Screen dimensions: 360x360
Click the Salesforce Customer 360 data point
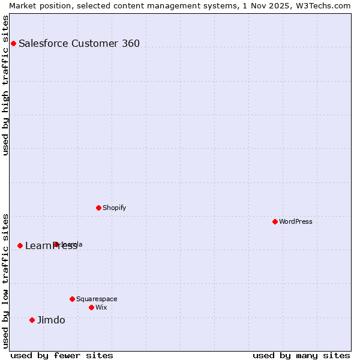pyautogui.click(x=13, y=43)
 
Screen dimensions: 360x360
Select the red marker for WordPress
pyautogui.click(x=275, y=221)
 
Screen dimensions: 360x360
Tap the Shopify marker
pyautogui.click(x=98, y=208)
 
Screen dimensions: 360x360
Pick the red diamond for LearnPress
pyautogui.click(x=20, y=245)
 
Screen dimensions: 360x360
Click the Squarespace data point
pyautogui.click(x=72, y=299)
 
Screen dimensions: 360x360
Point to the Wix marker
pyautogui.click(x=91, y=307)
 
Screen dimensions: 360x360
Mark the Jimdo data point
pyautogui.click(x=32, y=320)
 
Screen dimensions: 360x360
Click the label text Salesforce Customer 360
pyautogui.click(x=79, y=43)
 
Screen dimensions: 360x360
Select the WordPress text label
pyautogui.click(x=296, y=221)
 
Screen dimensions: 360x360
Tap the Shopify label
pyautogui.click(x=115, y=208)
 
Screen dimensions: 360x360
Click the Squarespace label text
pyautogui.click(x=97, y=299)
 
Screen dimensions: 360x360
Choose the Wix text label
pyautogui.click(x=101, y=307)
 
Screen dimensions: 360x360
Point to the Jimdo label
pyautogui.click(x=51, y=320)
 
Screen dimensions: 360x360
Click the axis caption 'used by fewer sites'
pyautogui.click(x=62, y=355)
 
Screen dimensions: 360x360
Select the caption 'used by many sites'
pyautogui.click(x=301, y=355)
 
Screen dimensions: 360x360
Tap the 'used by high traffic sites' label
pyautogui.click(x=5, y=85)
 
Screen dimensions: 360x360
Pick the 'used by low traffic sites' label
pyautogui.click(x=5, y=280)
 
